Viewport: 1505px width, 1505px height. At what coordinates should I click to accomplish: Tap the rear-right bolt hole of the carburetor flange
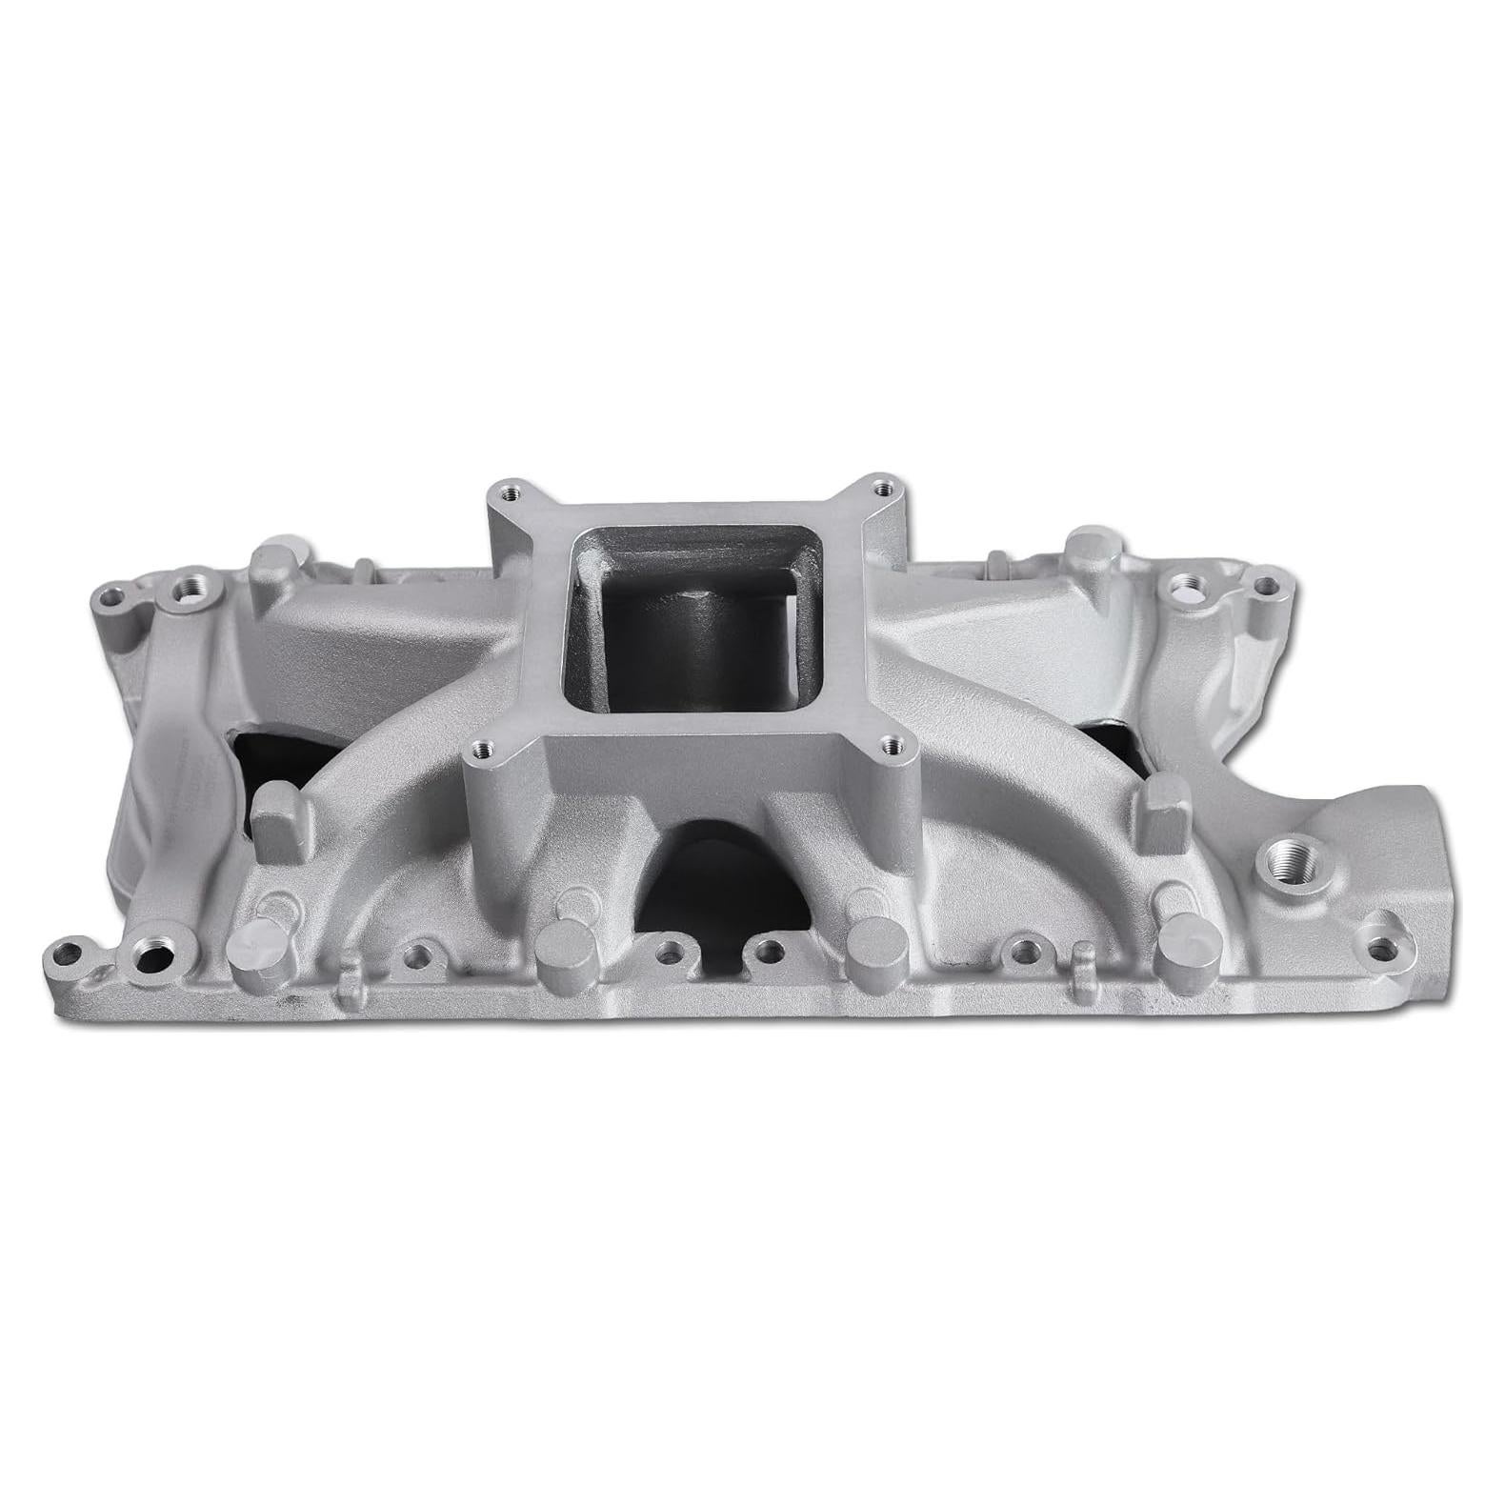tap(881, 487)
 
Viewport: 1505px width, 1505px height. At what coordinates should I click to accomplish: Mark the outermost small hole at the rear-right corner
tap(1265, 585)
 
